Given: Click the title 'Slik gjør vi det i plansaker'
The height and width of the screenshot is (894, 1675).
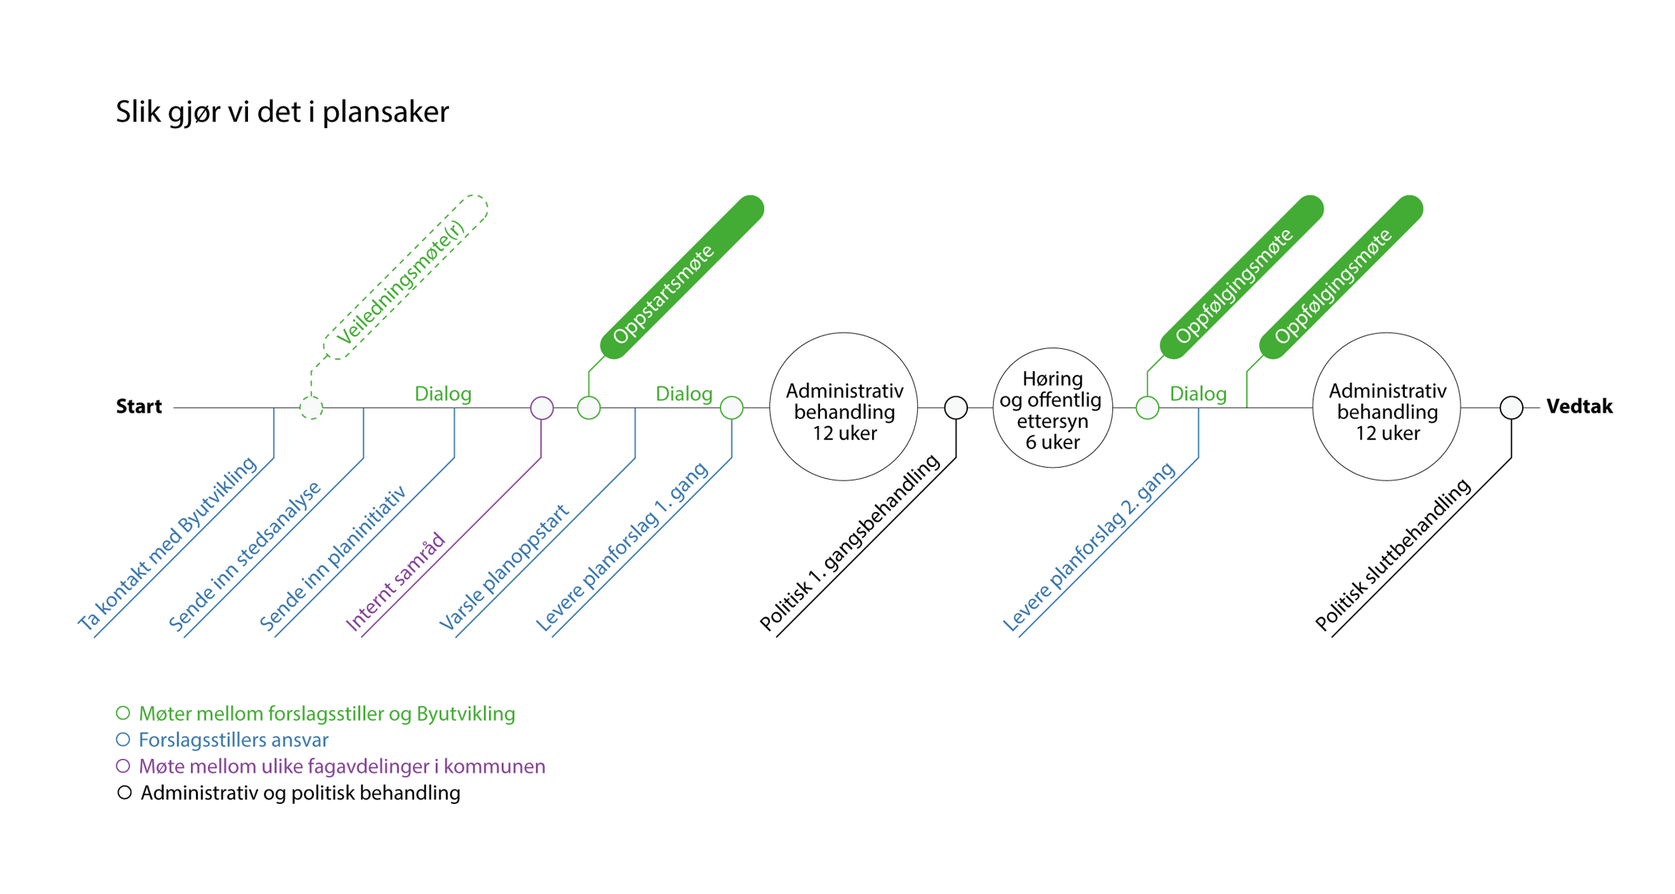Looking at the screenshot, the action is pos(282,112).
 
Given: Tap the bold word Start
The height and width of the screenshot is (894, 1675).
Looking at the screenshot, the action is pos(139,407).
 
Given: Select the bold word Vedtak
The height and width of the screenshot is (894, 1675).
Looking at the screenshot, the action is pos(1579,407).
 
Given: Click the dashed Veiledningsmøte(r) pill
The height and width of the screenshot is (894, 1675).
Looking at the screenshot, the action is pos(406,277).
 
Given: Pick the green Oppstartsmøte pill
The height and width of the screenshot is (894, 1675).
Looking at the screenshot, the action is pos(682,277).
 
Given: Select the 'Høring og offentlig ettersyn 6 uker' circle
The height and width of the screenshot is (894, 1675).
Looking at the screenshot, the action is pos(1052,408).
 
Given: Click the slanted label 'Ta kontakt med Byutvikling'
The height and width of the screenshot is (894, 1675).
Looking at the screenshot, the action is pos(167,544).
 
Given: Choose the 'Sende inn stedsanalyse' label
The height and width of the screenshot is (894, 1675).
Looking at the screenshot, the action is pos(245,556).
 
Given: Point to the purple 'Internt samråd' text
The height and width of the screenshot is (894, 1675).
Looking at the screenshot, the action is pos(395,582).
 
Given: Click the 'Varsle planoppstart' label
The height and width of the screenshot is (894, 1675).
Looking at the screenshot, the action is pos(504,568).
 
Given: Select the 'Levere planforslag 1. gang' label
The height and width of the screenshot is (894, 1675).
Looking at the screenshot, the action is pos(622,547).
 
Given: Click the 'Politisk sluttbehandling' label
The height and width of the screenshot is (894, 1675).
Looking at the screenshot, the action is pos(1393,554).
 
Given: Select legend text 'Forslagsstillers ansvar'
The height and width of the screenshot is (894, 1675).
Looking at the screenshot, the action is pos(234,740).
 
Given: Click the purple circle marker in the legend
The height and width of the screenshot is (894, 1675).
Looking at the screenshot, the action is pos(123,766).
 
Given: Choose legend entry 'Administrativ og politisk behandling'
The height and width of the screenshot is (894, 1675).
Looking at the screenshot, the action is pos(300,792).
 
